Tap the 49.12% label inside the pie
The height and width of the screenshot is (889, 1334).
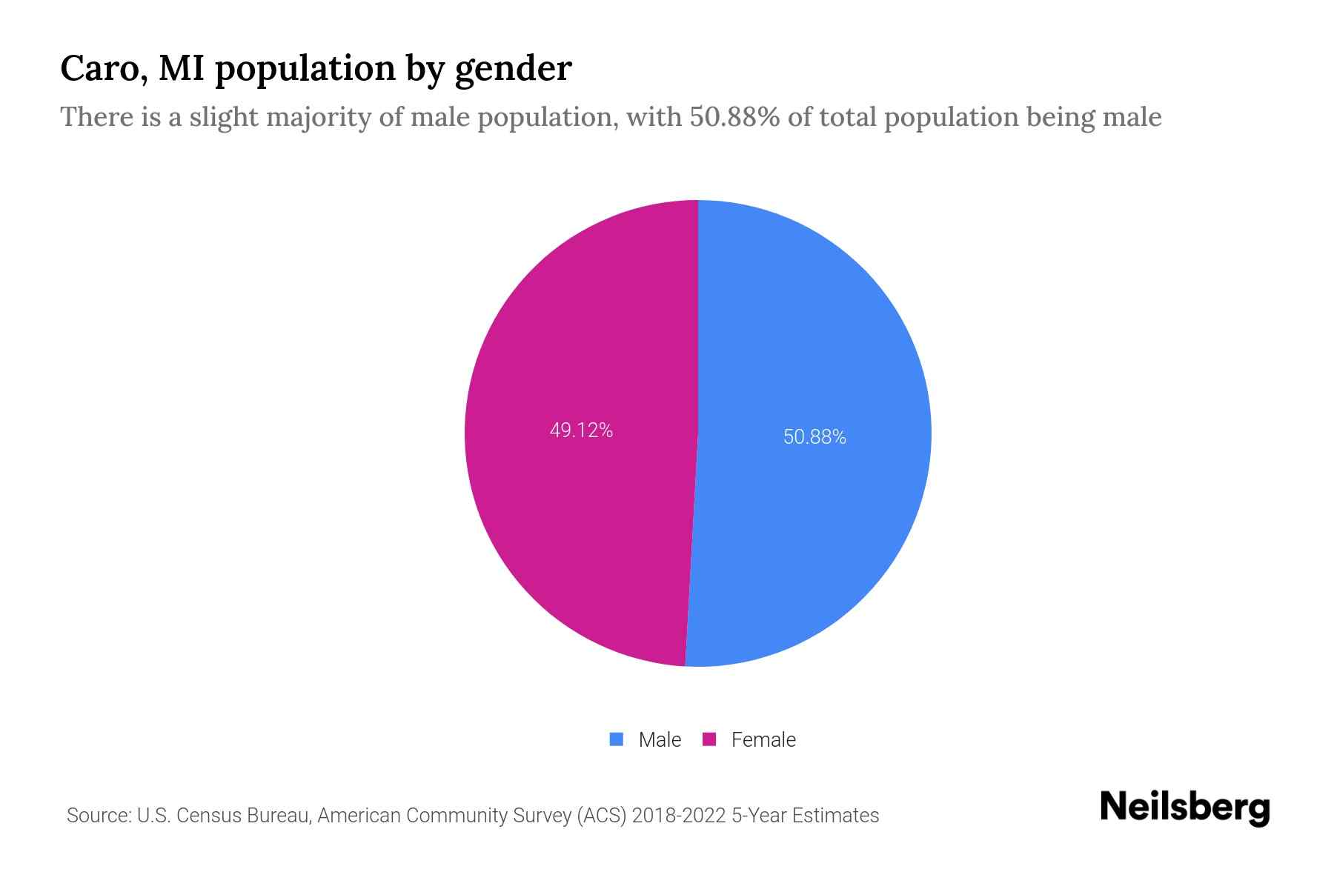(x=581, y=430)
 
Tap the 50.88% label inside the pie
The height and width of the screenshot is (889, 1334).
(x=814, y=437)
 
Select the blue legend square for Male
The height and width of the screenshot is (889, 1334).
(x=616, y=739)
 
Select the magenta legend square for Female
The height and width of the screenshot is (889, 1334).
(x=709, y=739)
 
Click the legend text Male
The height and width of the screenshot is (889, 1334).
(x=660, y=740)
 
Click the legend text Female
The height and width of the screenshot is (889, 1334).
(x=763, y=740)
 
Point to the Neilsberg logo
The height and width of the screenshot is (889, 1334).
(x=1184, y=808)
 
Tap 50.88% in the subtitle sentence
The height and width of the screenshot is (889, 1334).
(x=734, y=117)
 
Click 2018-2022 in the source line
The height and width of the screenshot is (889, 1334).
(x=679, y=816)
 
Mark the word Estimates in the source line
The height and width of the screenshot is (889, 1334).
(x=835, y=816)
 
